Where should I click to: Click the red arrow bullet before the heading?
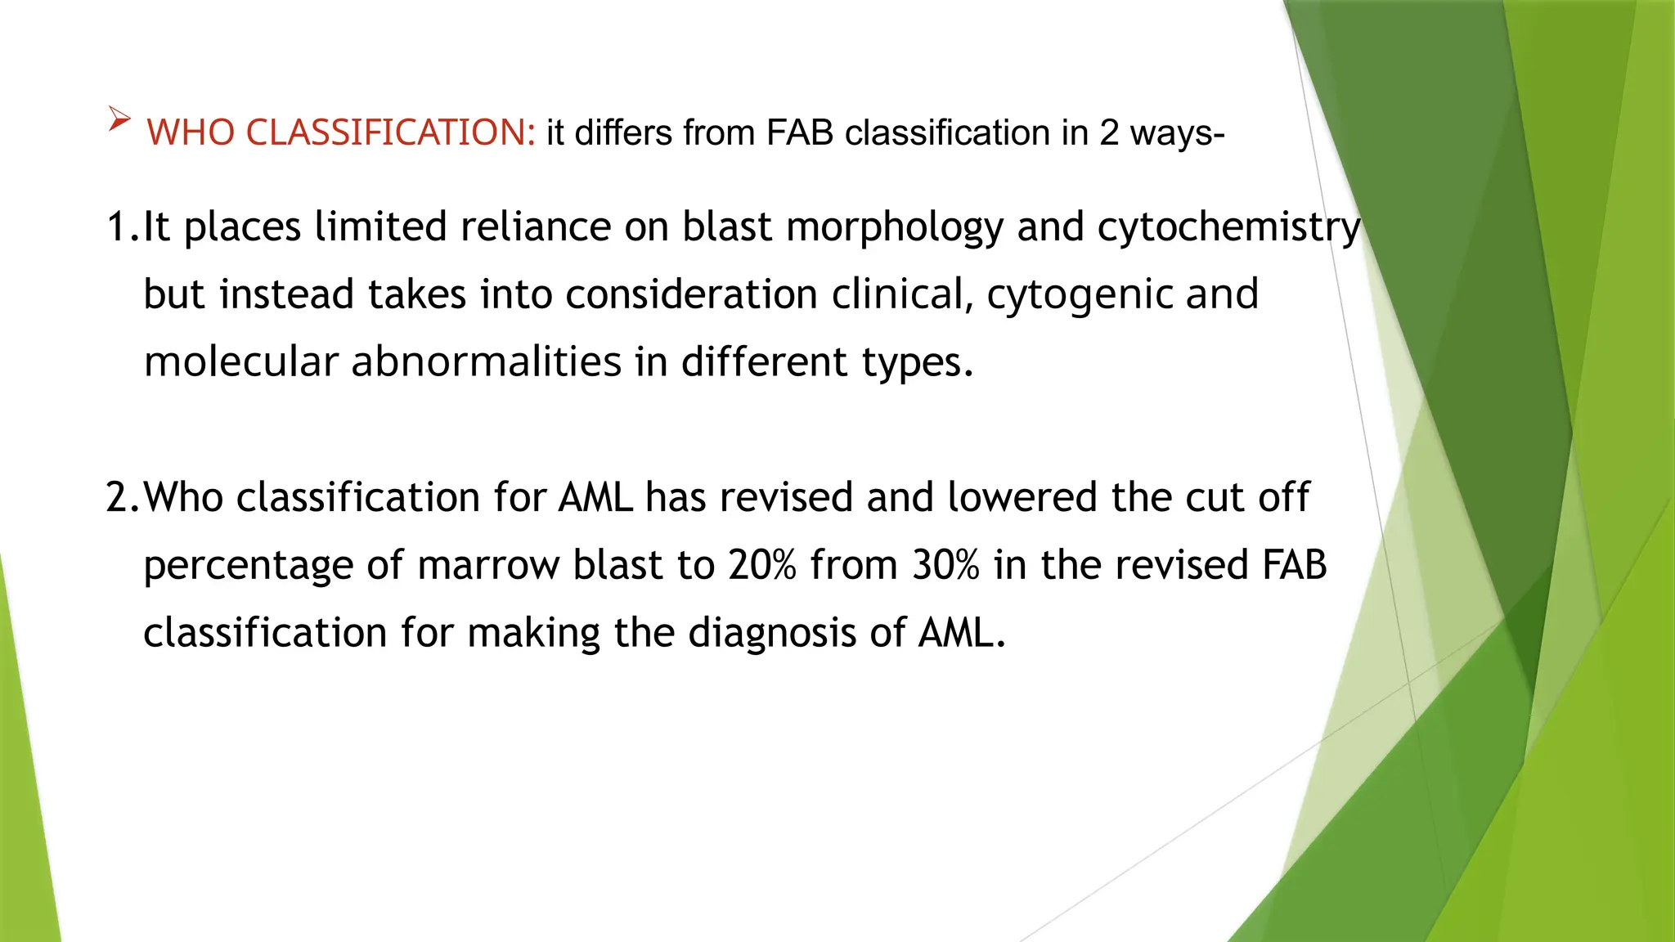tap(119, 120)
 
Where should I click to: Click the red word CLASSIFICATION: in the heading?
tap(390, 132)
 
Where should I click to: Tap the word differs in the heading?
tap(623, 132)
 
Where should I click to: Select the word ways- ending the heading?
tap(1177, 132)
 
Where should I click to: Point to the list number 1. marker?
tap(123, 227)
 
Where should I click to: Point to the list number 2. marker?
tap(123, 497)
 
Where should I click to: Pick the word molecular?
tap(240, 361)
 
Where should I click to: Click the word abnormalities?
tap(486, 361)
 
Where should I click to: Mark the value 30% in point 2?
tap(945, 565)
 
